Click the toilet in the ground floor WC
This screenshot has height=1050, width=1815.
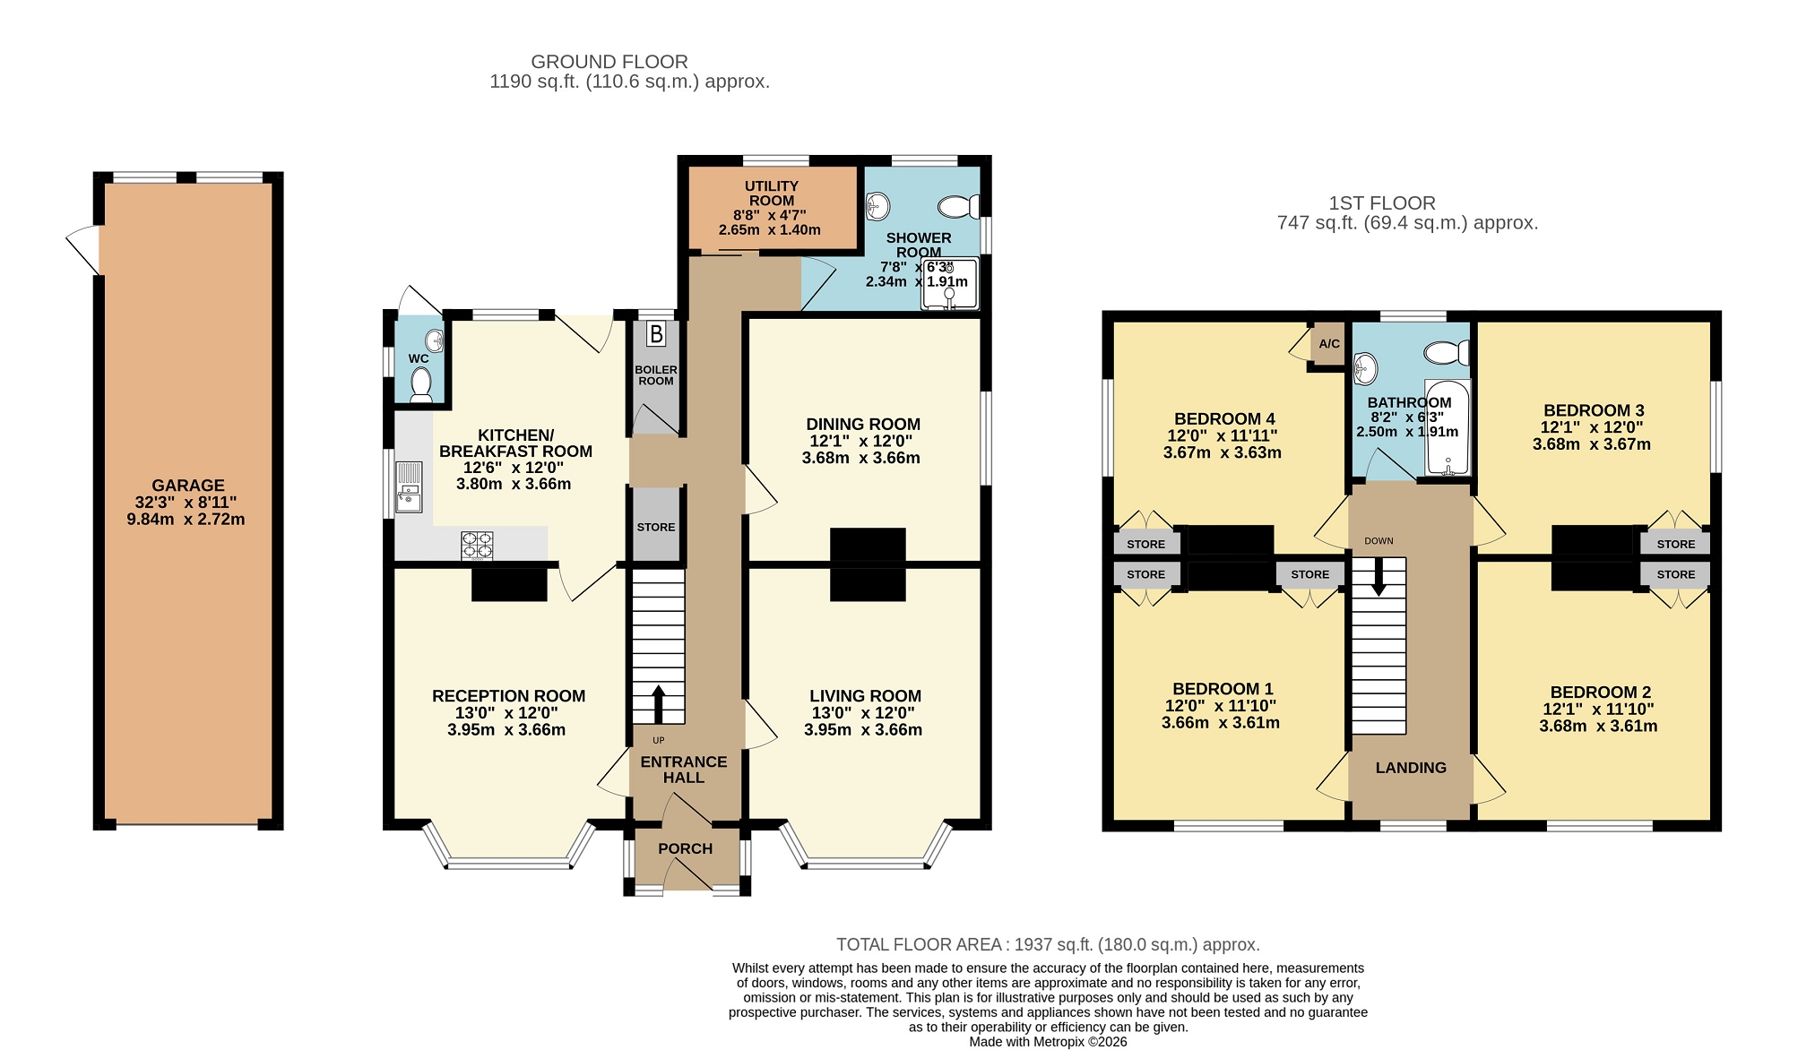(x=420, y=385)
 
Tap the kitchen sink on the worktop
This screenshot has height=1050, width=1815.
(x=409, y=486)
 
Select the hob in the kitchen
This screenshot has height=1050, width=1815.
(x=477, y=546)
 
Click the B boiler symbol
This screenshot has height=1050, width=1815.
(x=656, y=334)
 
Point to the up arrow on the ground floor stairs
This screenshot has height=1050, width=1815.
(x=658, y=704)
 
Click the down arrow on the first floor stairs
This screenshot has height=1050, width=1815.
(x=1379, y=576)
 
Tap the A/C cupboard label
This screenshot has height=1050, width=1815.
(x=1329, y=344)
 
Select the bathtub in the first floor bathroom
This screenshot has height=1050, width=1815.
(x=1448, y=426)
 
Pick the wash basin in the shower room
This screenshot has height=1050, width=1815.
(x=877, y=207)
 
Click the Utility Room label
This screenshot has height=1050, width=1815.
(x=771, y=194)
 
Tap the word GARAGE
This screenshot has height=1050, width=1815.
(x=188, y=486)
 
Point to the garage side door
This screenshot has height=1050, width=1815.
(x=84, y=250)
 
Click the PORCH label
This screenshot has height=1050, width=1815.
(x=686, y=848)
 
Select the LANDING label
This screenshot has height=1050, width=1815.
(x=1411, y=768)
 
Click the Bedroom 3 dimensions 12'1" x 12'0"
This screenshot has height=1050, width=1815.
(x=1592, y=427)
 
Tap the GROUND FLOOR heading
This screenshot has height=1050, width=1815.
(x=609, y=62)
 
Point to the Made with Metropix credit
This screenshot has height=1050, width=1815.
(x=1048, y=1042)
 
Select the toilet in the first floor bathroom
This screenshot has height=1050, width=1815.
(x=1446, y=353)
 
